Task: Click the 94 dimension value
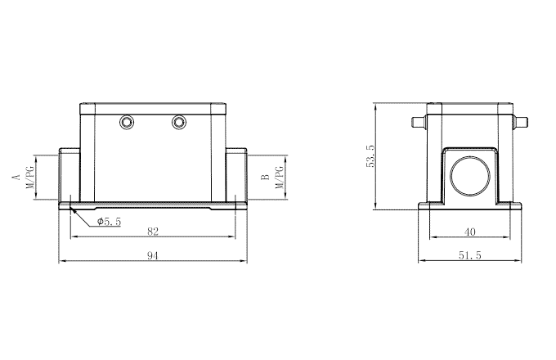[x=152, y=256]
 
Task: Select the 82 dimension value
[x=152, y=232]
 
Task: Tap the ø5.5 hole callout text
[x=109, y=221]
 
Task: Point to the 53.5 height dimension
[x=370, y=155]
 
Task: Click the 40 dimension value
[x=469, y=232]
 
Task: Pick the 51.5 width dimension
[x=469, y=256]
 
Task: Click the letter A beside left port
[x=14, y=177]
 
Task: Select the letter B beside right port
[x=264, y=177]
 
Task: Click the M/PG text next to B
[x=279, y=177]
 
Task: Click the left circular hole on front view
[x=127, y=123]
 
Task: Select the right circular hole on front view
[x=179, y=123]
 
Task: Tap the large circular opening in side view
[x=469, y=174]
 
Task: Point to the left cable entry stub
[x=69, y=176]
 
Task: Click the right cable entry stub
[x=236, y=176]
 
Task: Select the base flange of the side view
[x=469, y=205]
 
